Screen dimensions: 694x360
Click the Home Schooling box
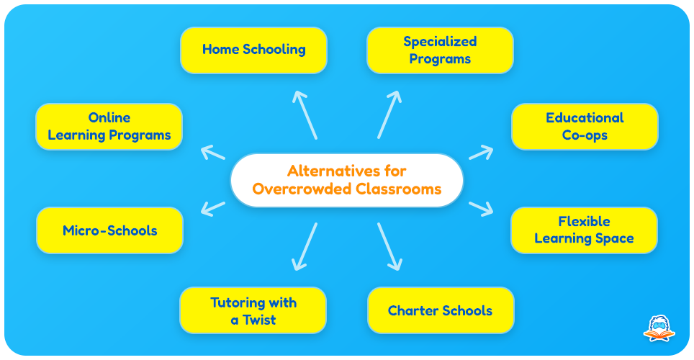click(253, 50)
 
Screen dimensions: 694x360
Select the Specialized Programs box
click(440, 50)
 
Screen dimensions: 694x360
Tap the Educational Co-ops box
click(585, 127)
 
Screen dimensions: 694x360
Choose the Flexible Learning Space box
click(585, 230)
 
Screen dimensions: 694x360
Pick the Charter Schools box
click(441, 310)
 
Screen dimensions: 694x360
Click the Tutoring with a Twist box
click(253, 310)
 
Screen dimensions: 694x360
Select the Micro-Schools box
click(109, 230)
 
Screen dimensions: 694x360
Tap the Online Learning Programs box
click(109, 127)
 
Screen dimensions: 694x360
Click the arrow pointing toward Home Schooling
click(305, 115)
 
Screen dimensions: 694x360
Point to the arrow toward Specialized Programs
click(389, 115)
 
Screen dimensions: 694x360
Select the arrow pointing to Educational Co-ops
click(481, 153)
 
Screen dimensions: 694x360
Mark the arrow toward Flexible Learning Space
click(481, 209)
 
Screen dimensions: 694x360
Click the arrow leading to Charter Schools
click(389, 247)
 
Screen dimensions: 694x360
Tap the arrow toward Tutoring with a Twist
click(305, 247)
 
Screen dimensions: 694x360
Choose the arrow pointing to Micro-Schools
click(213, 209)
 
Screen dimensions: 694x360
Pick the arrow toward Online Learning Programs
click(213, 153)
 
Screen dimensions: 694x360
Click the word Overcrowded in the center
click(302, 189)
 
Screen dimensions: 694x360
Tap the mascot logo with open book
click(659, 328)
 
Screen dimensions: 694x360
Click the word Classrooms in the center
click(399, 189)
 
